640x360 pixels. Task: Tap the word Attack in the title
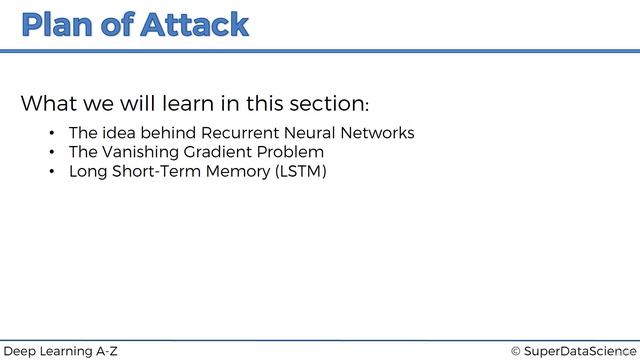point(192,25)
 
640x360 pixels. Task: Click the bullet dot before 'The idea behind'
point(51,134)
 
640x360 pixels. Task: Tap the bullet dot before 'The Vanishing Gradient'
point(51,153)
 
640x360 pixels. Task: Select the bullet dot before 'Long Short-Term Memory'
point(51,172)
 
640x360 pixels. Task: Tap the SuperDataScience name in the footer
point(580,351)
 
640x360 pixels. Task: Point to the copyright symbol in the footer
point(516,351)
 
